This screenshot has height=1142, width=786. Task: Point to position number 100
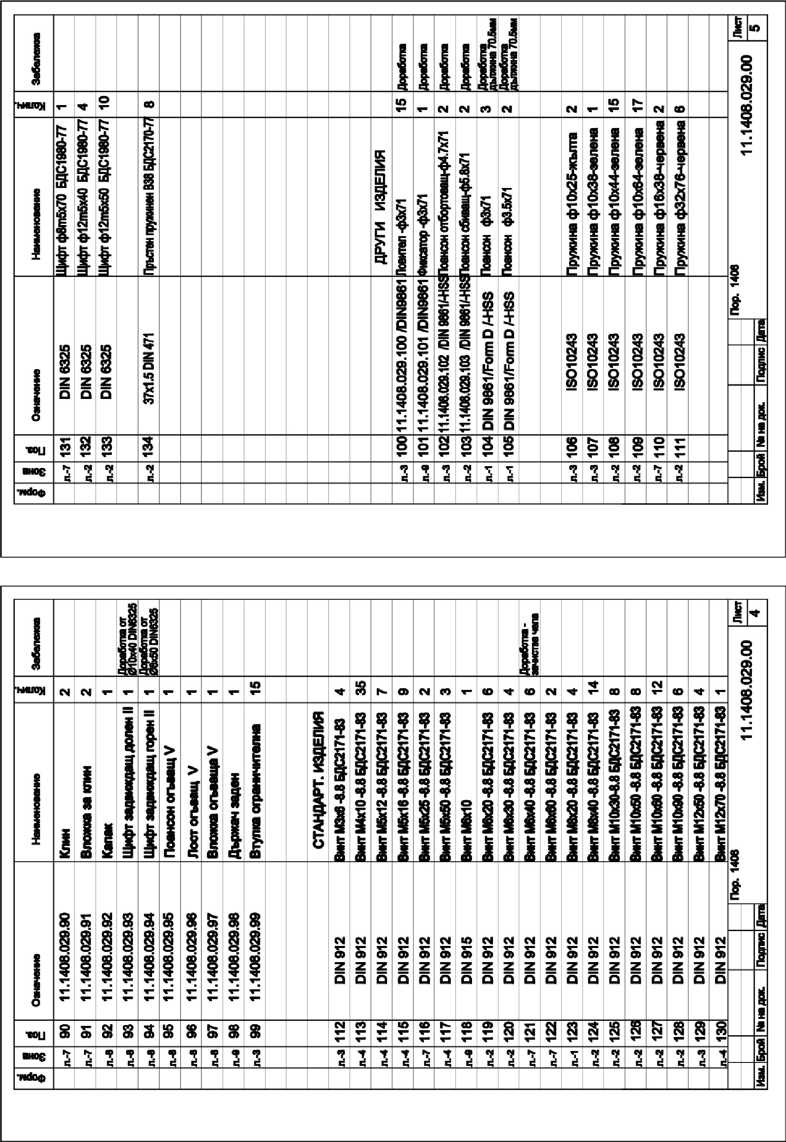point(403,447)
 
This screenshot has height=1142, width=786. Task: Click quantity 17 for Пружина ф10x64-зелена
point(636,105)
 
